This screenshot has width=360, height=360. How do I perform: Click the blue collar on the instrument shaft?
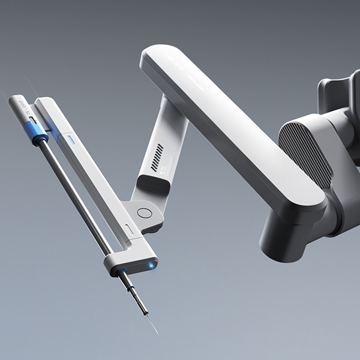(x=40, y=137)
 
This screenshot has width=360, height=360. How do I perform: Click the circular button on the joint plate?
(x=143, y=212)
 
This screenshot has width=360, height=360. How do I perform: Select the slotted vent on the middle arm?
(x=158, y=157)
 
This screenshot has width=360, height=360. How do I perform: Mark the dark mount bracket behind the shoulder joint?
(x=339, y=96)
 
